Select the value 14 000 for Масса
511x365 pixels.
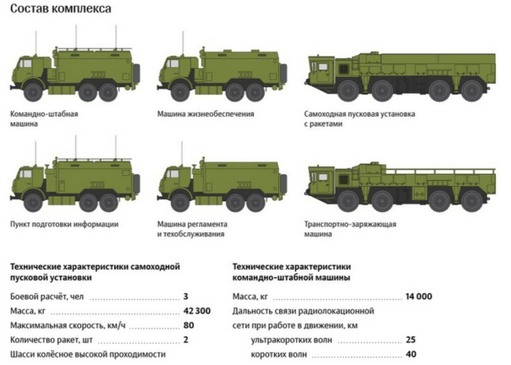pyautogui.click(x=417, y=297)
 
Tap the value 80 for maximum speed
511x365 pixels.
pyautogui.click(x=189, y=326)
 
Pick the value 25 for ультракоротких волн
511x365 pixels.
pyautogui.click(x=410, y=340)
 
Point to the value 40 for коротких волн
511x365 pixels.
pyautogui.click(x=410, y=354)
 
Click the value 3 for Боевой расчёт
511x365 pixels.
pyautogui.click(x=185, y=297)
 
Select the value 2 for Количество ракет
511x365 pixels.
pyautogui.click(x=185, y=340)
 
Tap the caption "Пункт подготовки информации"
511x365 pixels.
pyautogui.click(x=63, y=224)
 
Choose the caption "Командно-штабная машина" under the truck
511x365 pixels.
pyautogui.click(x=41, y=118)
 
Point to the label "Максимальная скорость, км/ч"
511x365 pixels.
pyautogui.click(x=67, y=326)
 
